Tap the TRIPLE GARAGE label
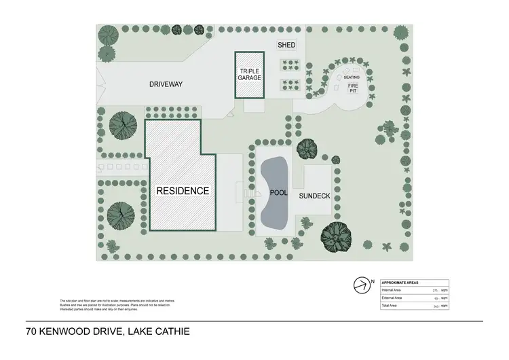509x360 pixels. (x=249, y=74)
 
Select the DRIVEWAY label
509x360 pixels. (x=166, y=84)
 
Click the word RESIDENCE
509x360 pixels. (x=183, y=191)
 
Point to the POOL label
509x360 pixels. (x=279, y=194)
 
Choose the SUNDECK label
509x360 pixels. (x=314, y=195)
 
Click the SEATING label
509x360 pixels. (x=351, y=77)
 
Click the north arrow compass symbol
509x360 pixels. (x=361, y=284)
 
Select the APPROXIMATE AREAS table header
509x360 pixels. (x=400, y=282)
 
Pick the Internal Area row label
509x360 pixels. (x=393, y=290)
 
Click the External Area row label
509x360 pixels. (x=393, y=298)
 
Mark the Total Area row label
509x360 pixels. (x=391, y=306)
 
